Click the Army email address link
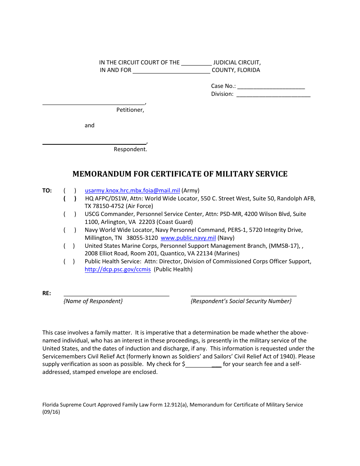(x=132, y=191)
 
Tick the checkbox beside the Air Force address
(x=70, y=199)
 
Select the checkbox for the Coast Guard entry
(x=70, y=214)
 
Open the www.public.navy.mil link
(x=188, y=238)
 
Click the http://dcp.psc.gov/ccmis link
(x=117, y=269)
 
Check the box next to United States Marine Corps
(x=70, y=246)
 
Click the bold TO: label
(x=47, y=191)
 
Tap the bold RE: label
(x=47, y=293)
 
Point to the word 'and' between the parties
(x=89, y=125)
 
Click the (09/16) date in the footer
(x=51, y=413)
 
